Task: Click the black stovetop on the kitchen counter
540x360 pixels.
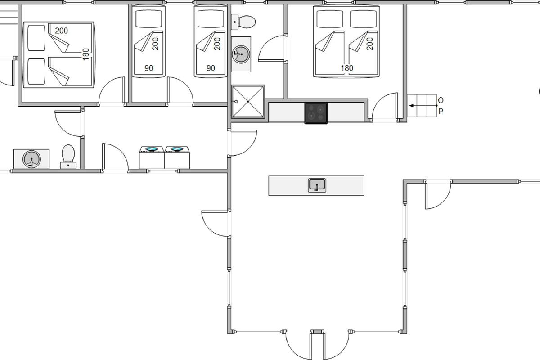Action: coord(316,113)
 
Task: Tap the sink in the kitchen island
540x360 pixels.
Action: coord(317,185)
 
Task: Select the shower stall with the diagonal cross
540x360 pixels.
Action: coord(248,102)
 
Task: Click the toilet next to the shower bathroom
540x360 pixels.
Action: coord(243,22)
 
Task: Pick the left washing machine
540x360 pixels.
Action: coord(152,157)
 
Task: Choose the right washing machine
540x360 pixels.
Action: coord(177,157)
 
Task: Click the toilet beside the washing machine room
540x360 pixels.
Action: coord(68,157)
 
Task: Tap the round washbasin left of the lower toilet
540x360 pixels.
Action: coord(31,159)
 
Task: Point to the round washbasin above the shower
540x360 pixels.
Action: coord(241,54)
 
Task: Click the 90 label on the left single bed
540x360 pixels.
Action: coord(149,68)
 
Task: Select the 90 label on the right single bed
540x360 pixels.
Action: coord(211,68)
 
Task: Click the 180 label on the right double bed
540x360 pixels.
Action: coord(347,68)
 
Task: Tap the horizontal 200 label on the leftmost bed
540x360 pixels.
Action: coord(61,31)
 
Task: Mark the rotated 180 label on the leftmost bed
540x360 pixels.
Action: coord(86,54)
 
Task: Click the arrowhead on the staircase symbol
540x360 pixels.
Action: coord(411,106)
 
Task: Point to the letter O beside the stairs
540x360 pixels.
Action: coord(441,100)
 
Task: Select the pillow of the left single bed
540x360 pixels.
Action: coord(149,19)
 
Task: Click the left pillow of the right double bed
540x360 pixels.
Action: coord(330,19)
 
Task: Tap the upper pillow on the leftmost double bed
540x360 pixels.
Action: coord(36,38)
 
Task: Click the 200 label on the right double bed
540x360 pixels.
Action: coord(369,44)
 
